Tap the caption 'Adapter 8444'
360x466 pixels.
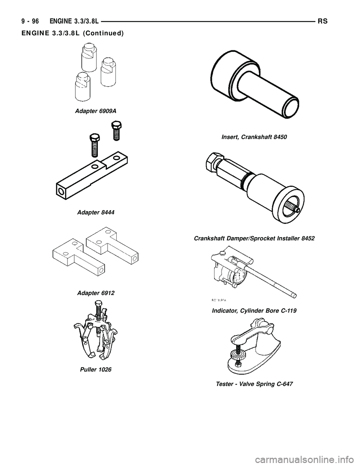coord(95,212)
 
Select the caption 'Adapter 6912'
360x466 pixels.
coord(95,293)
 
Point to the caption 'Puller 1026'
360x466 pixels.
coord(95,370)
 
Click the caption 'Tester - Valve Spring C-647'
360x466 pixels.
coord(254,384)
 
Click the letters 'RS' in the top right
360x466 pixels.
coord(323,21)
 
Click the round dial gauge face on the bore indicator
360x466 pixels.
coord(238,277)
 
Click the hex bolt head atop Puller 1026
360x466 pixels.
coord(98,308)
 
